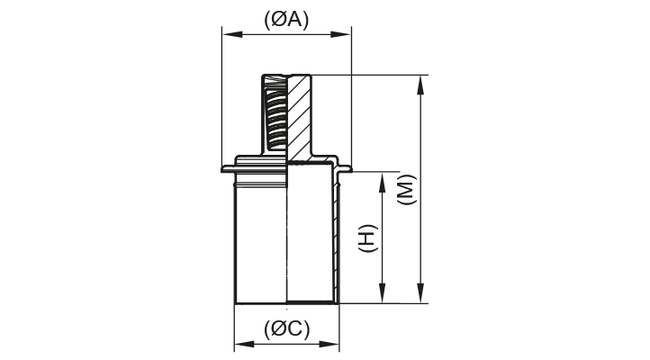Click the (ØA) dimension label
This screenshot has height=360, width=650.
point(286,20)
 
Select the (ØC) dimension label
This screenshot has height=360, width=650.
point(286,329)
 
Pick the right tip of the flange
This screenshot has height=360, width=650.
point(349,168)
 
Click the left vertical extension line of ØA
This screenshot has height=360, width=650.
point(221,99)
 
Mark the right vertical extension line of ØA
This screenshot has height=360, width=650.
point(351,99)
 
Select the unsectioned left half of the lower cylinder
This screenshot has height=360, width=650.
point(259,238)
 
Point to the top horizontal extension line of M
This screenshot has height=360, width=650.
point(378,75)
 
